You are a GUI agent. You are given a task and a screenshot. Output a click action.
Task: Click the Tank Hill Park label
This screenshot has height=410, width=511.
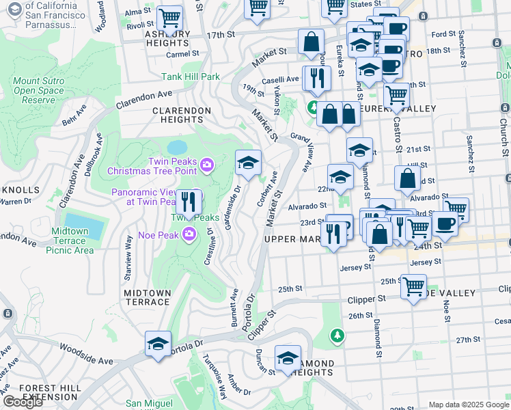click(191, 77)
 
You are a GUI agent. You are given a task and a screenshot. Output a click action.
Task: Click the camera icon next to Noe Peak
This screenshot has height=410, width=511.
click(189, 234)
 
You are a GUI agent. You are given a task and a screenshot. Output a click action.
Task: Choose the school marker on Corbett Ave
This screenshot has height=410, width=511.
click(249, 163)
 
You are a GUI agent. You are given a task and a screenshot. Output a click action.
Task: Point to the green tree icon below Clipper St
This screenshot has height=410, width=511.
click(336, 336)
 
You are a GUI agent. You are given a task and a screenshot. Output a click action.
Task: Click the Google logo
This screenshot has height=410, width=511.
click(23, 402)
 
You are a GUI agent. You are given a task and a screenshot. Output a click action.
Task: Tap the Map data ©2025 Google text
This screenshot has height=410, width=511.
click(467, 405)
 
